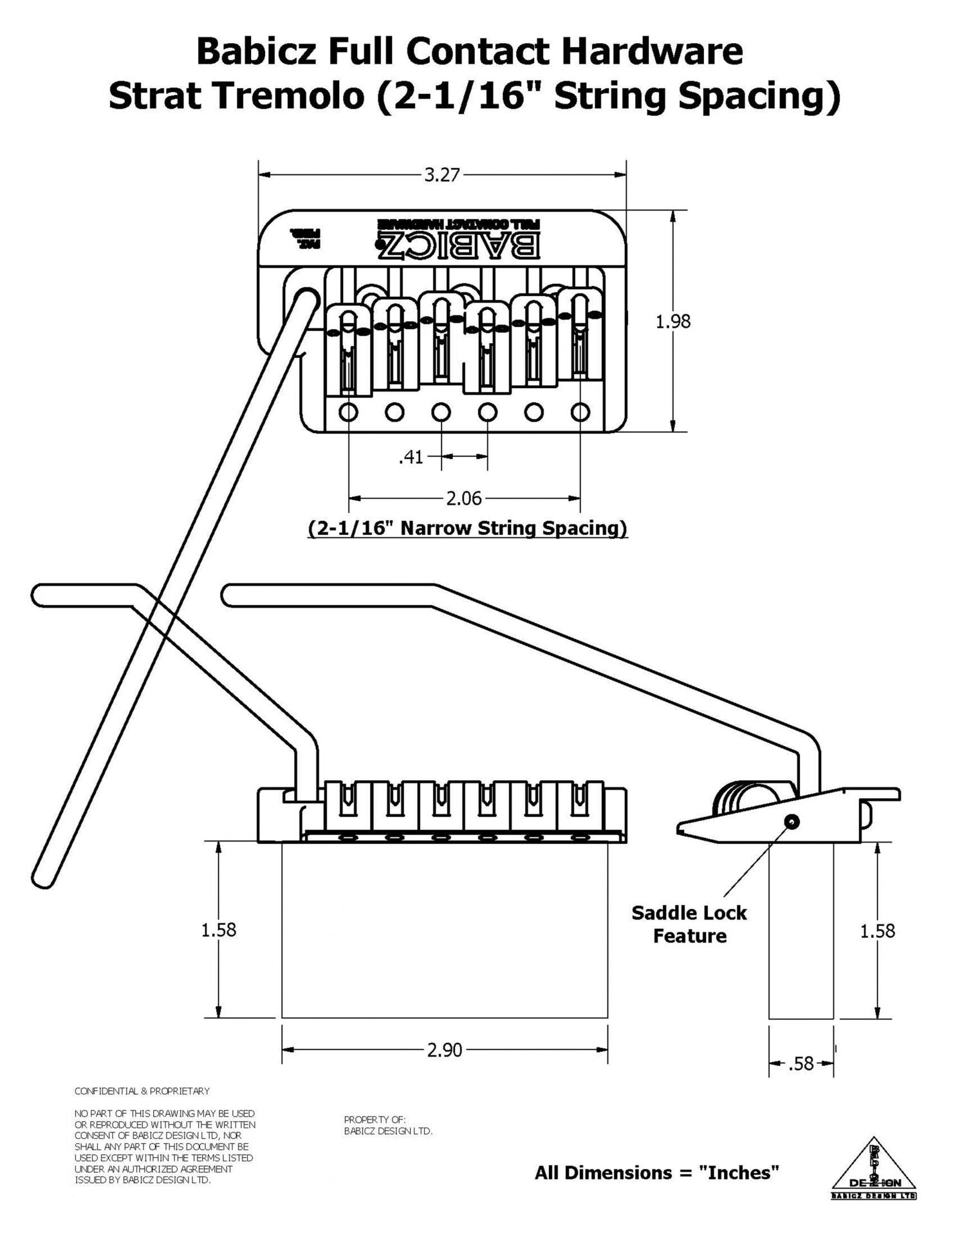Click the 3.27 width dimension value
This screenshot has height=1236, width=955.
tap(441, 174)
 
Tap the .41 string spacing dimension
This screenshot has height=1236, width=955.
tap(411, 457)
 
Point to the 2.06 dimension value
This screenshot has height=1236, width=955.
tap(464, 498)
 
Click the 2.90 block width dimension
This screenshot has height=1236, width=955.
tap(445, 1050)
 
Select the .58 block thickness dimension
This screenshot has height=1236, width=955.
tap(801, 1063)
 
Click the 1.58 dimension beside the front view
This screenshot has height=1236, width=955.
tap(219, 930)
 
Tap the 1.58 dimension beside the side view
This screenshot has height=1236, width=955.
tap(878, 931)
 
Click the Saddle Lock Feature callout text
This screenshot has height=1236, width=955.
tap(689, 924)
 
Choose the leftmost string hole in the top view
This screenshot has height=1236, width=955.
tap(349, 411)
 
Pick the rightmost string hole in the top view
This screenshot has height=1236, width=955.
tap(580, 411)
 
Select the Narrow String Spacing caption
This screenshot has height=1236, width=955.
tap(467, 528)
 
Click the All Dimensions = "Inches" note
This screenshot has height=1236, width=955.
tap(657, 1172)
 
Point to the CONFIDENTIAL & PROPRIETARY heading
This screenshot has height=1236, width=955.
tap(142, 1091)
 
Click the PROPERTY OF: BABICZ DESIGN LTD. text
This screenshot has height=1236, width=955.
tap(388, 1125)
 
